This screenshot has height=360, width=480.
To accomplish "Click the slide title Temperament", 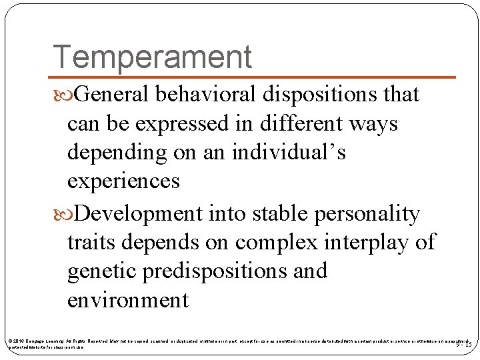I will tap(152, 57).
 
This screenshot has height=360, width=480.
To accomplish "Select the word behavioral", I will tap(205, 95).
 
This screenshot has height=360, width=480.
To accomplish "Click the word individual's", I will tap(289, 153).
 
